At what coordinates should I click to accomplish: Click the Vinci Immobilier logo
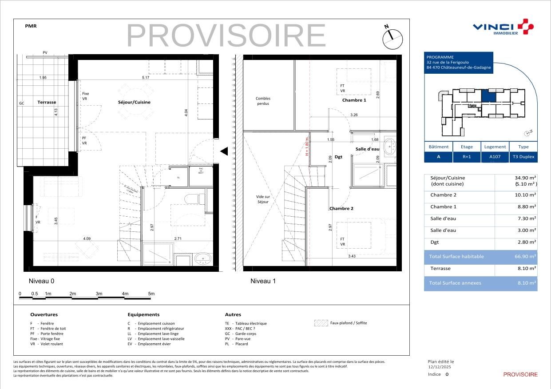(503, 28)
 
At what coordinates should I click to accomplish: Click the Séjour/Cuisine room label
(134, 102)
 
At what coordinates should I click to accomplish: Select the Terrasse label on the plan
(47, 102)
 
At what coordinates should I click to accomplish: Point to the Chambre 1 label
(354, 100)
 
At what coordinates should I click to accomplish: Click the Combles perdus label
(263, 101)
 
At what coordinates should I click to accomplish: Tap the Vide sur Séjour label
(263, 199)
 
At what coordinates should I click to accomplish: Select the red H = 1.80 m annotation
(306, 146)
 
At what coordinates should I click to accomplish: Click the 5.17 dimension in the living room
(145, 78)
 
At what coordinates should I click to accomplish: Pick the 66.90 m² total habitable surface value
(526, 257)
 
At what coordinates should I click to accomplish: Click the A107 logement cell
(495, 157)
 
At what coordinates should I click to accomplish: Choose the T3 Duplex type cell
(523, 157)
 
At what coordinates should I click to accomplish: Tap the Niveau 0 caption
(41, 281)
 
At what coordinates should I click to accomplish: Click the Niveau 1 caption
(263, 281)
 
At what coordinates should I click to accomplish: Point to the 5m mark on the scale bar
(151, 294)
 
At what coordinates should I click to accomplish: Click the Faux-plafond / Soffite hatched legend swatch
(321, 323)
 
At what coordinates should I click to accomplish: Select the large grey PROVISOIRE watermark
(226, 36)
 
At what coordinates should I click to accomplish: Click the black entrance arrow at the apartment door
(224, 151)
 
